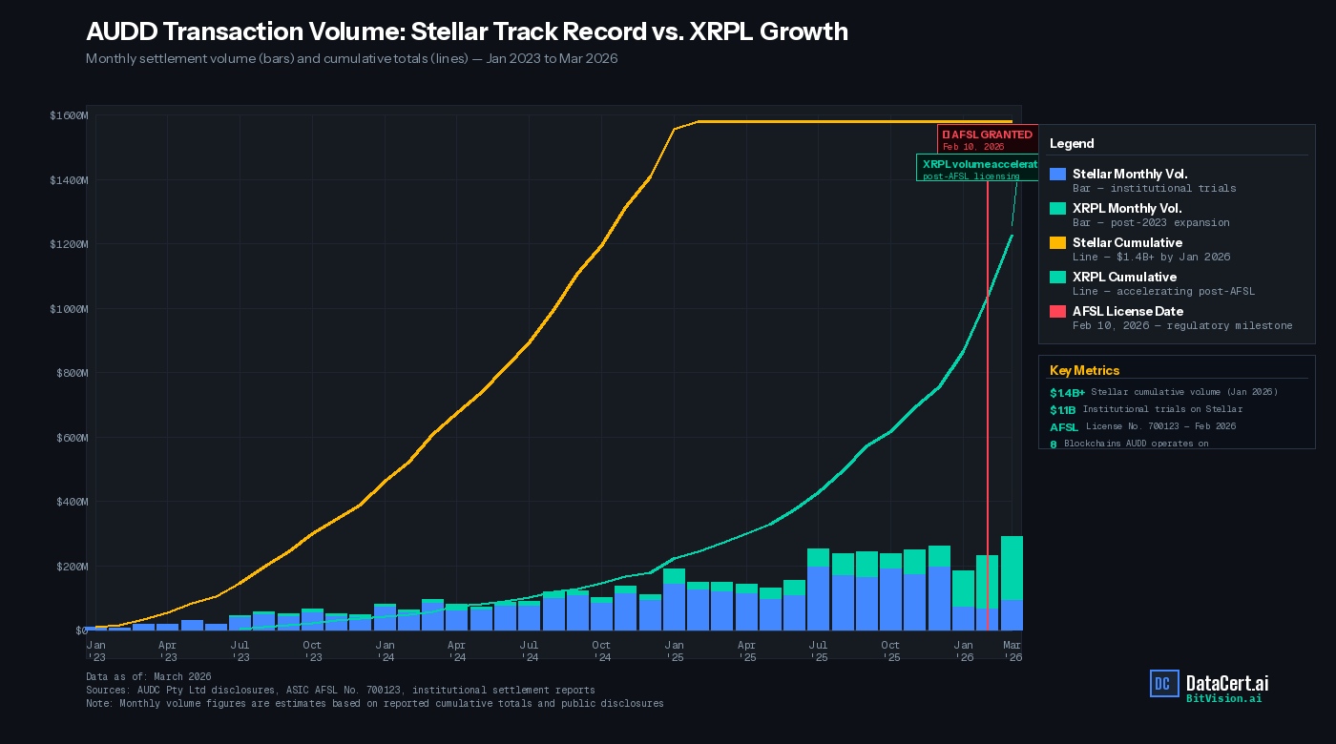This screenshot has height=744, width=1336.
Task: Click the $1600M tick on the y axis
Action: point(69,115)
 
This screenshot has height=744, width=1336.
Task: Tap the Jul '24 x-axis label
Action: point(529,651)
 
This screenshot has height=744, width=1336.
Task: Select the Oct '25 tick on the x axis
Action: point(889,651)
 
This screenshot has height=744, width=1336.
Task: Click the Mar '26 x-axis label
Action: point(1012,651)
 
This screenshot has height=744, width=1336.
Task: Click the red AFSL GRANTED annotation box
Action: point(988,139)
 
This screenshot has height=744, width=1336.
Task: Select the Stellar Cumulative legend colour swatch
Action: point(1057,243)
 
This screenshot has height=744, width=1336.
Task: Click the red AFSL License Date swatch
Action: point(1057,312)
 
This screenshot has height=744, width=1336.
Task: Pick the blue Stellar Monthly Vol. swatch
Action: point(1057,175)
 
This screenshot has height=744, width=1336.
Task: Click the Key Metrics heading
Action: point(1084,370)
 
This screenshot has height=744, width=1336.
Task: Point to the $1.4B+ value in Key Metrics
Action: point(1067,392)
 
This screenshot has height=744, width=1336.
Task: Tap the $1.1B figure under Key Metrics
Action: point(1062,409)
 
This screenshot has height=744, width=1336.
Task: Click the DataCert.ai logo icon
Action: point(1164,683)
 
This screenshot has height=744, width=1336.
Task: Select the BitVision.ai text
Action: point(1223,698)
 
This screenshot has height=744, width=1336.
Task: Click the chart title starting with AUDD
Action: point(467,31)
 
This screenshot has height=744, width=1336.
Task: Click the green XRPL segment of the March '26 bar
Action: point(1012,568)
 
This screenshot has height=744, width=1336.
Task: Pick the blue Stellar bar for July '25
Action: point(818,598)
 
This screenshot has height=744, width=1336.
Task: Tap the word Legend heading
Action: point(1072,143)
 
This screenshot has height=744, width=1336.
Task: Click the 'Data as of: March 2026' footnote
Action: point(148,676)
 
